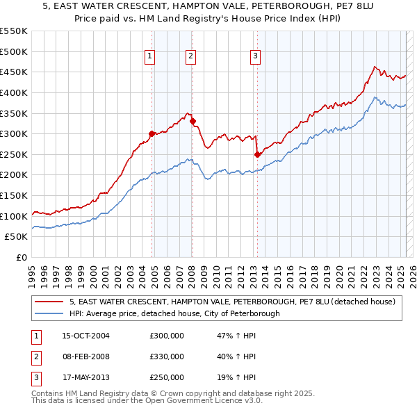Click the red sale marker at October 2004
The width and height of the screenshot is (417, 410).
(x=152, y=133)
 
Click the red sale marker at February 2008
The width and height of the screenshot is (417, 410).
(x=193, y=121)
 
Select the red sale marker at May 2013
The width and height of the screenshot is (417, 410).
(x=257, y=154)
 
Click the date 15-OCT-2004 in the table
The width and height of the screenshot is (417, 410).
(x=86, y=336)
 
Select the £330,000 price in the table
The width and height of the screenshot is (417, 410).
(x=167, y=356)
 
